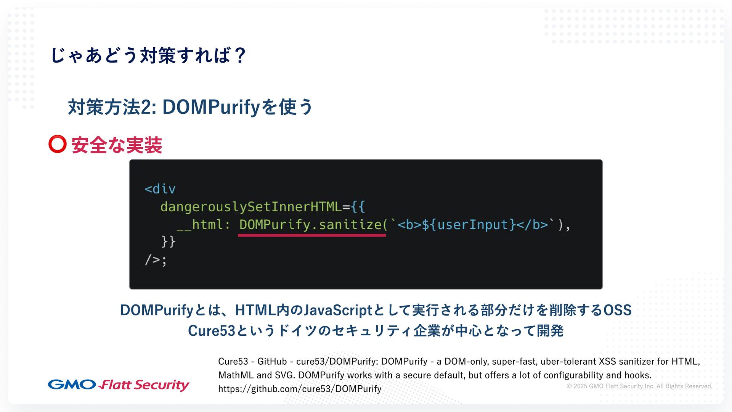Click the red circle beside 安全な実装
click(58, 144)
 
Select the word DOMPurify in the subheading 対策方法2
click(211, 107)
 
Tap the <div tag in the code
click(160, 189)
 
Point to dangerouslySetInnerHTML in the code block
click(251, 207)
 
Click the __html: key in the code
click(203, 225)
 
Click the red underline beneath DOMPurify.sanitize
click(312, 235)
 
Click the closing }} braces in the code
click(168, 241)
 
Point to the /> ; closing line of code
click(156, 260)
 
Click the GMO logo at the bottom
click(72, 385)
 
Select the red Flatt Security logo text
click(144, 385)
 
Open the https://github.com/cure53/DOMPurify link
click(300, 389)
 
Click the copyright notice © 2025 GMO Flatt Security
click(639, 386)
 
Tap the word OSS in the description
click(617, 310)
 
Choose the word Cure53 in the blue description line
click(212, 331)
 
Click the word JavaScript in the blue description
click(338, 310)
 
